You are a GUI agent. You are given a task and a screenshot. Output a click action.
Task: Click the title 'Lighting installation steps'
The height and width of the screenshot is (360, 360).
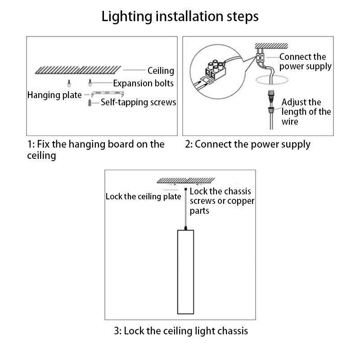tap(180, 17)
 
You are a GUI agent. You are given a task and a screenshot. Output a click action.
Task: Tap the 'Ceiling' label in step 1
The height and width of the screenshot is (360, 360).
tap(161, 71)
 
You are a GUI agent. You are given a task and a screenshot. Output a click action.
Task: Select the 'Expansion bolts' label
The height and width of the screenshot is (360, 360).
tap(143, 83)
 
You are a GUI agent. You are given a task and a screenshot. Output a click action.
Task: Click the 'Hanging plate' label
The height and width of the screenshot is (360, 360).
tap(54, 95)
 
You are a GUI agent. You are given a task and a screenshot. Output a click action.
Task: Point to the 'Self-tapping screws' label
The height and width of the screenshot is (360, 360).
tap(138, 103)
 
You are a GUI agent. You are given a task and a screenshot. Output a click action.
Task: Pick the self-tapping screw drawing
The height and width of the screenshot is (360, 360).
tap(90, 103)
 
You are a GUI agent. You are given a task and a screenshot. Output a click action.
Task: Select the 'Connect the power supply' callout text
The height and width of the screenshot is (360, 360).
tap(305, 62)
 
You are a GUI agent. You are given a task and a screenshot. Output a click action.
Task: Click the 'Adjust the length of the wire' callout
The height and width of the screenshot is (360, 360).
tap(306, 112)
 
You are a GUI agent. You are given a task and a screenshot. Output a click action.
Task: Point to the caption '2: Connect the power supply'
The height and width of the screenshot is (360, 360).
tap(247, 144)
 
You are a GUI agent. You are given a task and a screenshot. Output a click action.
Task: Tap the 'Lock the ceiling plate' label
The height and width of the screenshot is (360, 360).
tap(143, 197)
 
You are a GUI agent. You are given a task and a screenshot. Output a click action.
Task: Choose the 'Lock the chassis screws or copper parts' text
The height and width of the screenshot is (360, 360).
tap(222, 201)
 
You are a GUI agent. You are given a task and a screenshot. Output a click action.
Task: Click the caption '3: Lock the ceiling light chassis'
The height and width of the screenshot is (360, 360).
tap(180, 331)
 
